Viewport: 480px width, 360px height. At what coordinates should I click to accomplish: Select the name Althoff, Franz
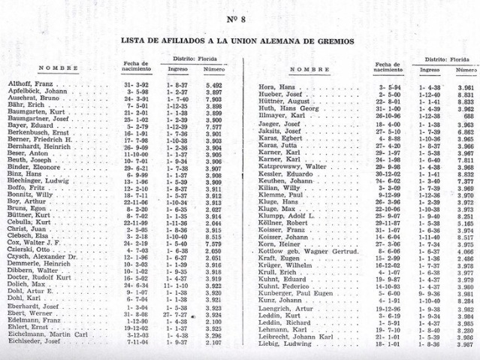pyautogui.click(x=29, y=85)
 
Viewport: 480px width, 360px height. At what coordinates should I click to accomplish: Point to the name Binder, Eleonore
pyautogui.click(x=32, y=168)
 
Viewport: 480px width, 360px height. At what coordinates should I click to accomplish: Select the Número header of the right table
pyautogui.click(x=463, y=69)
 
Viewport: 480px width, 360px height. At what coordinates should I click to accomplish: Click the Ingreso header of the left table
pyautogui.click(x=178, y=68)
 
